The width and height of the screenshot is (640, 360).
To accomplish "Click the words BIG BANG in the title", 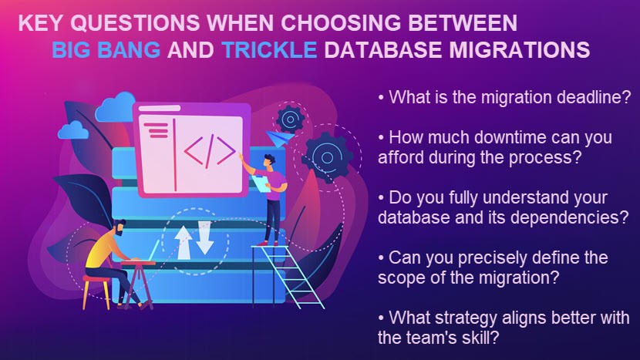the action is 106,50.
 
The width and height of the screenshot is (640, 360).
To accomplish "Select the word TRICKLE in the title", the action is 270,50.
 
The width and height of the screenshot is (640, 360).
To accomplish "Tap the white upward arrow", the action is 184,243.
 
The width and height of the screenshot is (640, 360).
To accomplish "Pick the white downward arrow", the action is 204,237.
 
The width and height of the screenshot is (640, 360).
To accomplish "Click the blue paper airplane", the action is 279,137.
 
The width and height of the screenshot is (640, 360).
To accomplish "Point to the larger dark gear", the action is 328,157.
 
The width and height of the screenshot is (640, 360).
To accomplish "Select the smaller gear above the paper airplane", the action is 290,119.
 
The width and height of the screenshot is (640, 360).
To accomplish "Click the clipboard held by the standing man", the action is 261,183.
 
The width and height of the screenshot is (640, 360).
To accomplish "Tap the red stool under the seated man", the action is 96,291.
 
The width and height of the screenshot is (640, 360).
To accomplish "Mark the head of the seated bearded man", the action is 119,227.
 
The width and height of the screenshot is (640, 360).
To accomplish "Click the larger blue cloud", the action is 116,106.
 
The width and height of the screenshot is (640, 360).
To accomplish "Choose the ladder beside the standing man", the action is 288,274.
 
